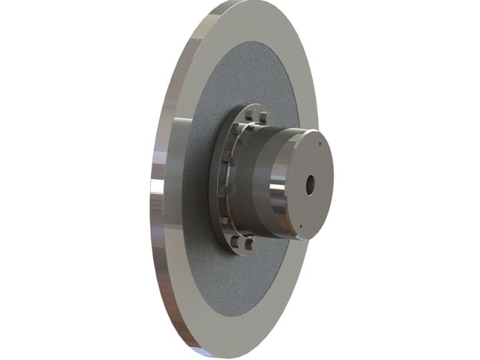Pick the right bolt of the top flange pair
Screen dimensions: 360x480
[x=262, y=118]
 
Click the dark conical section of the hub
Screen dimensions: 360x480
[x=255, y=180]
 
